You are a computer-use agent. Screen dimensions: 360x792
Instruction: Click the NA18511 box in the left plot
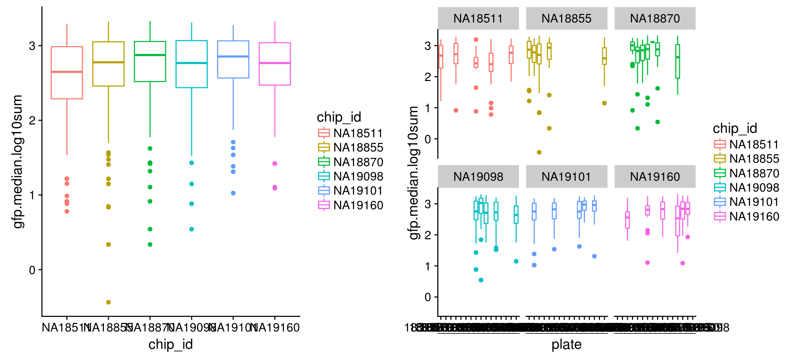coord(67,73)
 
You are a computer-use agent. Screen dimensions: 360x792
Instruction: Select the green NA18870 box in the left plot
coord(150,61)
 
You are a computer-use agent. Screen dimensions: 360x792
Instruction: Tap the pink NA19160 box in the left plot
coord(275,64)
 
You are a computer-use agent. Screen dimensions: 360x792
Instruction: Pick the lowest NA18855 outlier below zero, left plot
coord(108,302)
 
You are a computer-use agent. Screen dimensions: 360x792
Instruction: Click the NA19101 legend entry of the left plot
coord(350,191)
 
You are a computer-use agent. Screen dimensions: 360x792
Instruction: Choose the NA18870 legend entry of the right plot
coord(746,173)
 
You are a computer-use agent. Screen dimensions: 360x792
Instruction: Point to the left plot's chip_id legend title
coord(339,117)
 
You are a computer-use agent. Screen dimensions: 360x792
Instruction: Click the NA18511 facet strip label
coord(478,18)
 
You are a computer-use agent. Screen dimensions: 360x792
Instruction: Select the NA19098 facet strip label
coord(478,177)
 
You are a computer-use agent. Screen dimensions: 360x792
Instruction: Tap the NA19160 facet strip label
coord(655,177)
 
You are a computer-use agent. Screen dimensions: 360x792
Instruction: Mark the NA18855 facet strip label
coord(566,18)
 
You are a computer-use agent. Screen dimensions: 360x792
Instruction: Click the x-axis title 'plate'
coord(566,345)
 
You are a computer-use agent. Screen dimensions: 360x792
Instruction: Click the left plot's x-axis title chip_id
coord(171,345)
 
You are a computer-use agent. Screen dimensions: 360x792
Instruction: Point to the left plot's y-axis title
coord(18,161)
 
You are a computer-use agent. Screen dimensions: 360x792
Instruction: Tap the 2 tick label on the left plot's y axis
coord(32,120)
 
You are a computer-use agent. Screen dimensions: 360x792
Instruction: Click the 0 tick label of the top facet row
coord(428,139)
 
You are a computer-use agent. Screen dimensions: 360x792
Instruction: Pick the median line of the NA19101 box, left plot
coord(233,57)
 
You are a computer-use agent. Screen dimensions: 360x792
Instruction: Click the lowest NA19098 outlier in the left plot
coord(192,229)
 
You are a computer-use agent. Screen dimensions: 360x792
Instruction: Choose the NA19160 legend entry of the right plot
coord(746,217)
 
